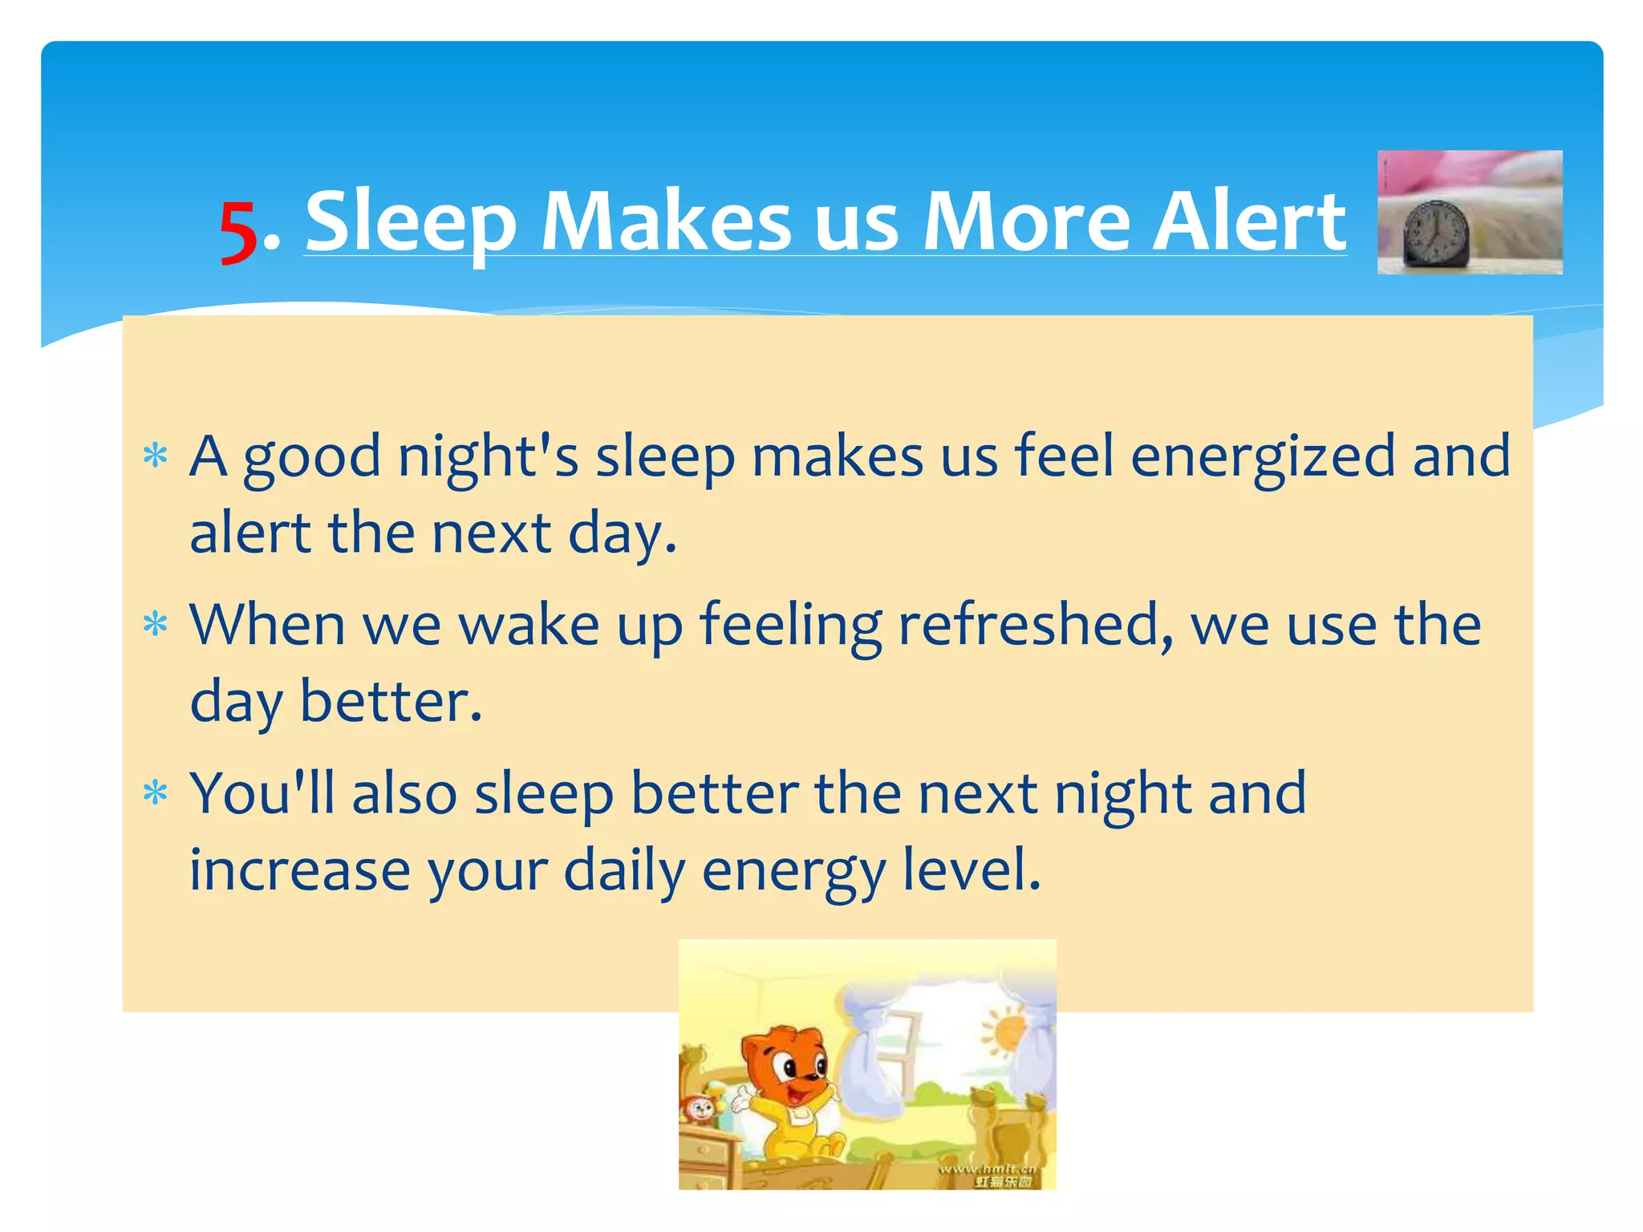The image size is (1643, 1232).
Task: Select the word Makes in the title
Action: pos(667,220)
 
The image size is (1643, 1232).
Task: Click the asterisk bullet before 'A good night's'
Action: pos(155,457)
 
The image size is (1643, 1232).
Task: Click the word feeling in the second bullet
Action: pos(790,625)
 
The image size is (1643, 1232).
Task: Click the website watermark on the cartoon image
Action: pos(988,1174)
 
